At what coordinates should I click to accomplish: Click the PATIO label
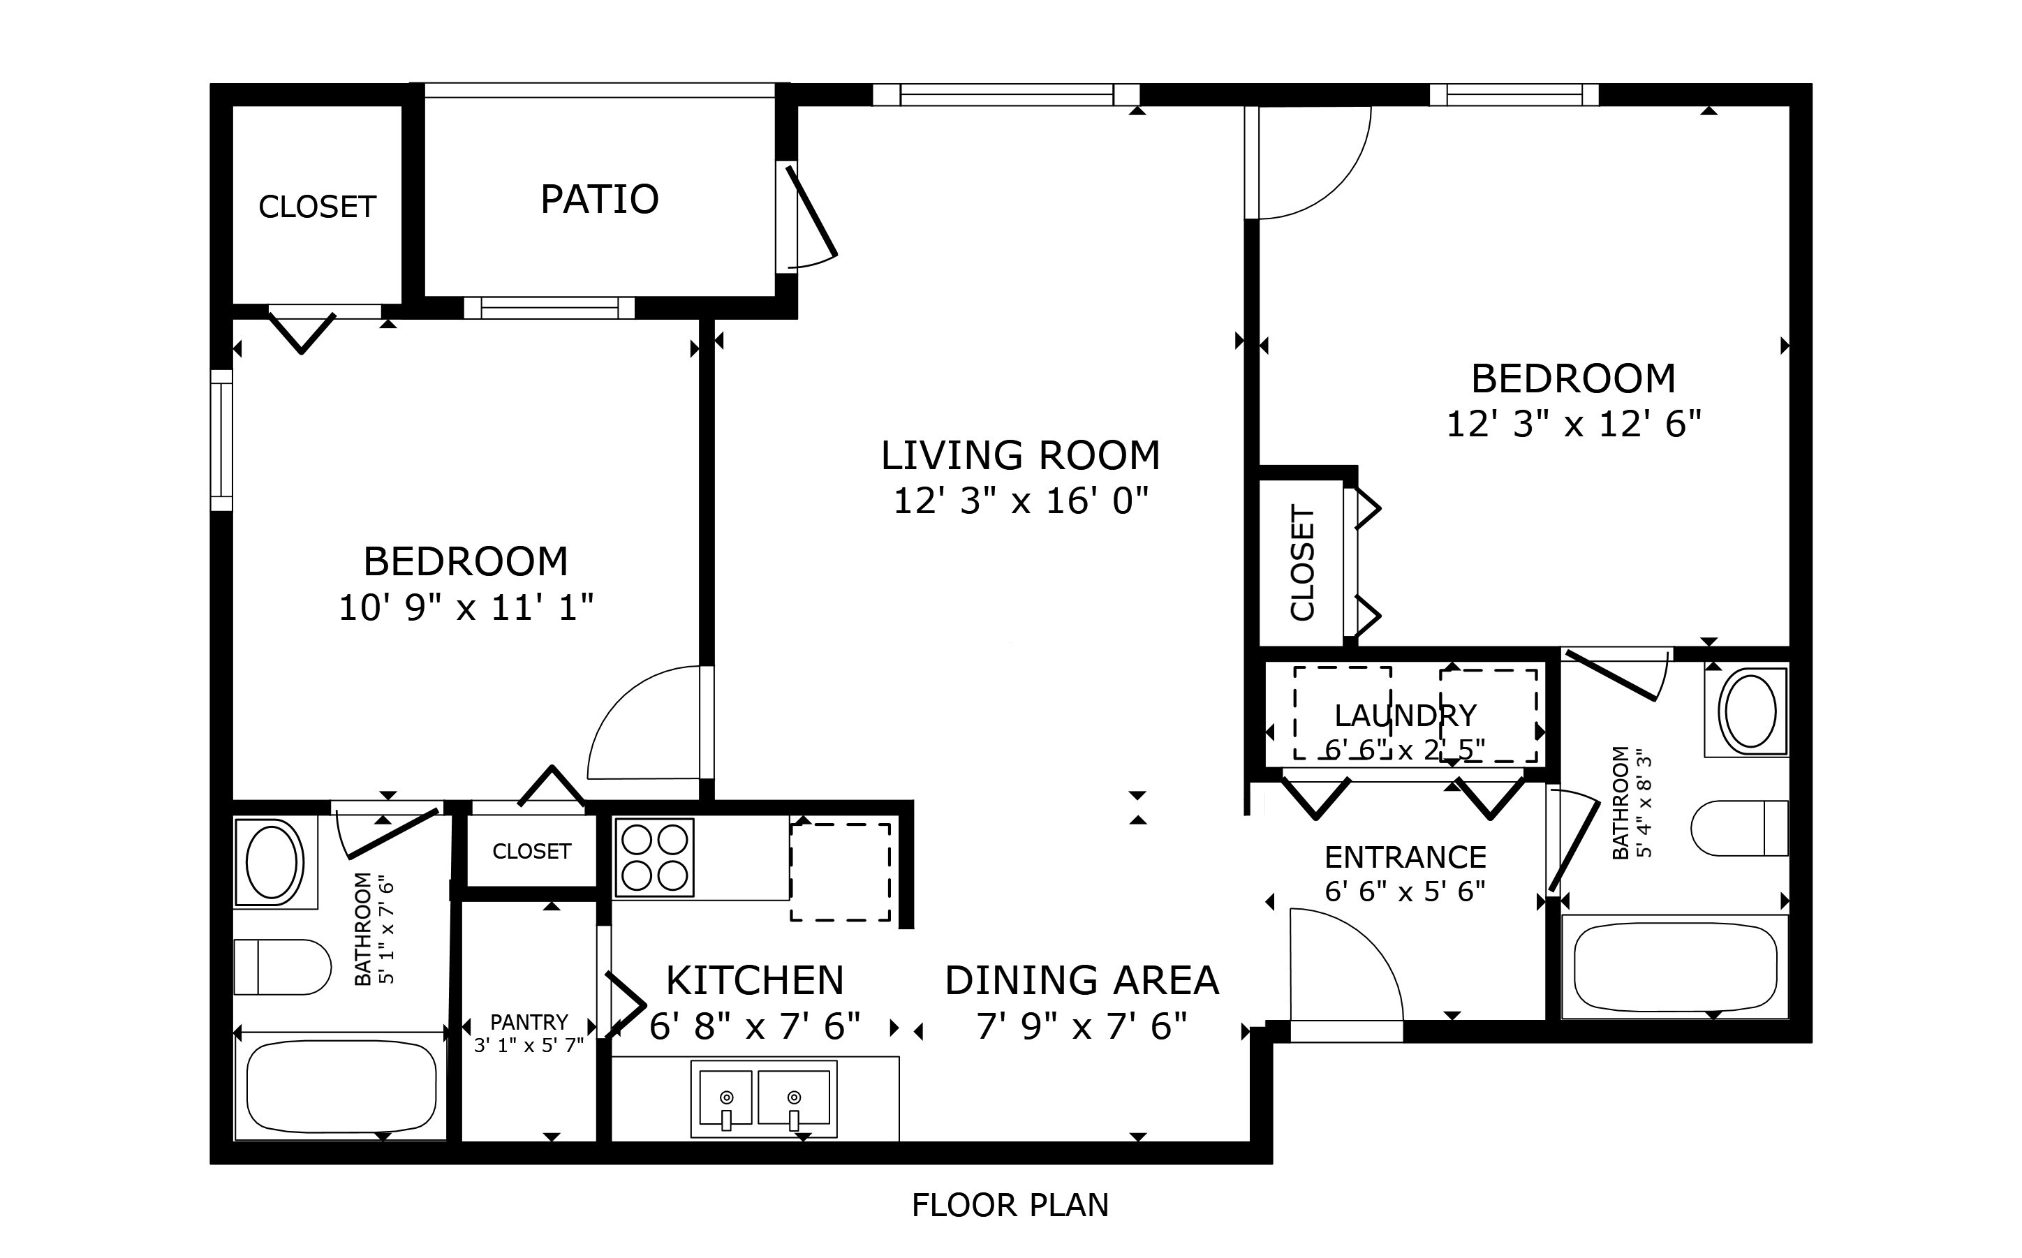tap(599, 199)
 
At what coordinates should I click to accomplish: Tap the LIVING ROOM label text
tap(1020, 455)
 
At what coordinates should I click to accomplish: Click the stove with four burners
tap(654, 858)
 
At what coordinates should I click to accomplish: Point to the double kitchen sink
tap(764, 1098)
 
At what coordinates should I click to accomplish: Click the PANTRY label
tap(529, 1022)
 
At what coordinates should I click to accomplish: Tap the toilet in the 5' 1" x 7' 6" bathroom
tap(282, 967)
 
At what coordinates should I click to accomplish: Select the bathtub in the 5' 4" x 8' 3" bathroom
tap(1675, 967)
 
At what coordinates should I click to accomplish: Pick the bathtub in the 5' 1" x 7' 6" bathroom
tap(341, 1086)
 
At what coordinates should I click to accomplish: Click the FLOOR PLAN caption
tap(1010, 1206)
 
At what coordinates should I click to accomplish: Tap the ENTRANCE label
tap(1405, 857)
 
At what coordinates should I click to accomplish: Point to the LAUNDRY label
tap(1405, 716)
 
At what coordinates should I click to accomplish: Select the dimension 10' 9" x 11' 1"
tap(466, 607)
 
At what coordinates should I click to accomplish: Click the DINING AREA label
tap(1082, 980)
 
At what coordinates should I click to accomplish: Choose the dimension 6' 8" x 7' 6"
tap(755, 1026)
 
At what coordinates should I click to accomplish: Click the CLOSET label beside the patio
tap(317, 207)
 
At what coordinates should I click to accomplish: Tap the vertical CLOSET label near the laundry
tap(1302, 563)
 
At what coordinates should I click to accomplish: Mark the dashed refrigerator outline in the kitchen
tap(841, 872)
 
